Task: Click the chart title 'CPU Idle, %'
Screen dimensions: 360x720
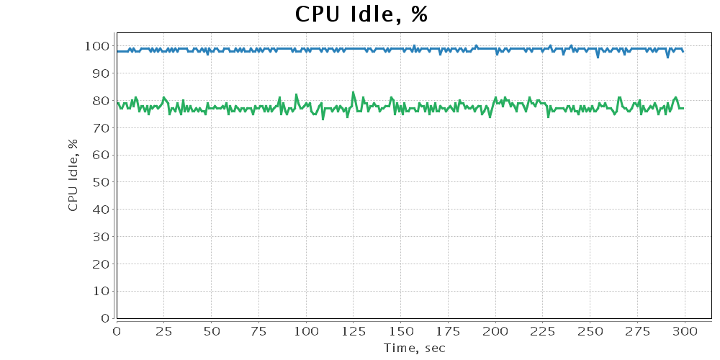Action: click(x=361, y=14)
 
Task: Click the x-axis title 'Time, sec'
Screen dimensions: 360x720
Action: click(x=414, y=348)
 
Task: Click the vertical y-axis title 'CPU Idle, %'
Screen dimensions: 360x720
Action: click(x=73, y=175)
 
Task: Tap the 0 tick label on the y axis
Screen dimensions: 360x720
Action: click(x=105, y=318)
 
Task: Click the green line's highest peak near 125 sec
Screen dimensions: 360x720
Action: click(x=353, y=92)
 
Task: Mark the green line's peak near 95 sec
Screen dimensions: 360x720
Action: click(x=296, y=94)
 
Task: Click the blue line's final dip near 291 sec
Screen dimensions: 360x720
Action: click(x=668, y=57)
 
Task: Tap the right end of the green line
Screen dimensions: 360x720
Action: click(x=683, y=108)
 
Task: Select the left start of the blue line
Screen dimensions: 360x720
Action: click(x=117, y=51)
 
